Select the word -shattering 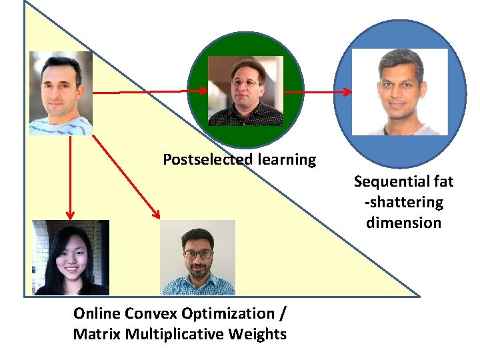tap(403, 202)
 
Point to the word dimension tap(403, 223)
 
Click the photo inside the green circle tap(245, 91)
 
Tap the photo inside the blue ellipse tap(399, 92)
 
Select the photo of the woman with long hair tap(71, 258)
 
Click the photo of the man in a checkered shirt tap(197, 258)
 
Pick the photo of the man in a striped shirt tap(61, 93)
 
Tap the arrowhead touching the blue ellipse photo tap(346, 92)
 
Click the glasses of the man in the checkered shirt tap(198, 254)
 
